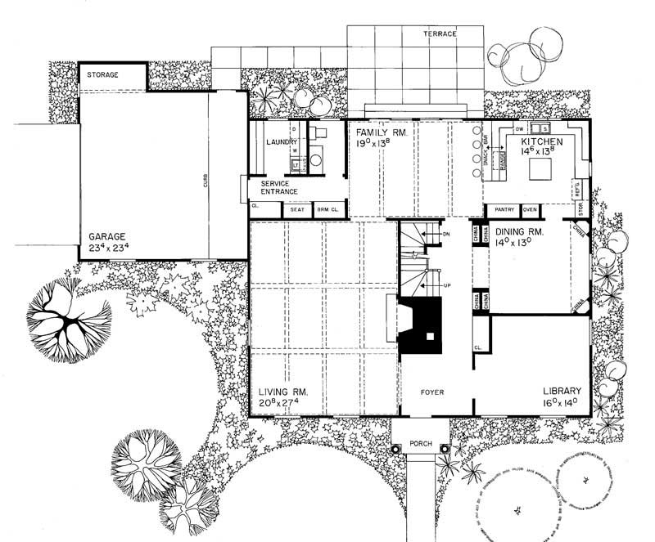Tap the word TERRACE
point(440,34)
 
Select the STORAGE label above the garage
point(104,75)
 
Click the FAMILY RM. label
point(376,131)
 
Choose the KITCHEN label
point(543,141)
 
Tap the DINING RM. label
point(525,231)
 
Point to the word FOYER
point(431,392)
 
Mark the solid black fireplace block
point(421,325)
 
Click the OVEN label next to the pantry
point(530,210)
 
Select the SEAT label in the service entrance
point(296,210)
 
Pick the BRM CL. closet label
point(328,210)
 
